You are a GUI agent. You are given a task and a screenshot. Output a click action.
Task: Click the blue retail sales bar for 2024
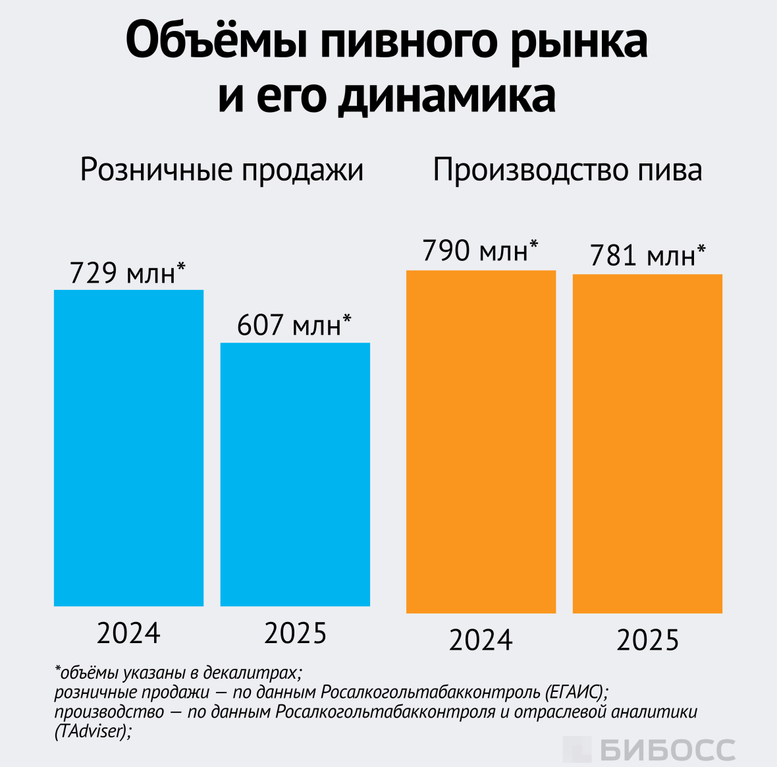tap(128, 448)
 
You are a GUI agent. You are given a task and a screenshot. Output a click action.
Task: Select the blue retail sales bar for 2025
tap(295, 474)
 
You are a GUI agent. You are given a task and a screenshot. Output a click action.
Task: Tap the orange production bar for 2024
tap(481, 441)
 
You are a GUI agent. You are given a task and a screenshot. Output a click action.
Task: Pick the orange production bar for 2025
tap(647, 443)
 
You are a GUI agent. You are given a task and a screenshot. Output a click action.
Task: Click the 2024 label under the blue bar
tap(128, 633)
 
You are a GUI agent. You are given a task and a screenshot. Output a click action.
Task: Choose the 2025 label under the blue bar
tap(296, 633)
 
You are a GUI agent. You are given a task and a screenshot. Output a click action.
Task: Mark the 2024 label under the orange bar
tap(481, 640)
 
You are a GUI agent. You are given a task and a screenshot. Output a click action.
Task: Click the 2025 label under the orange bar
tap(648, 640)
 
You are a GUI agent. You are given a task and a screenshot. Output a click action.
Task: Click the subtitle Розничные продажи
tap(222, 170)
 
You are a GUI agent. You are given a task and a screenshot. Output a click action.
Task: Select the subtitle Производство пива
tap(567, 170)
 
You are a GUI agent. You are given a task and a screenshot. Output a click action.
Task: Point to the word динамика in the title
tap(447, 96)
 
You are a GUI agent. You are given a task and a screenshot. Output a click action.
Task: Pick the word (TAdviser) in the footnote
tap(92, 731)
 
